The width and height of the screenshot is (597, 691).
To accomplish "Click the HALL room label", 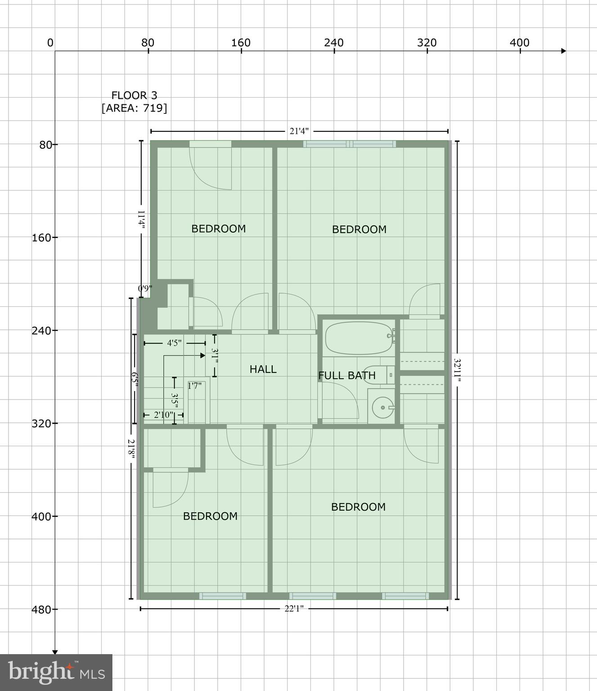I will [263, 369].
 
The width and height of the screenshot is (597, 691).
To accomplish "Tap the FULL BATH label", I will [346, 375].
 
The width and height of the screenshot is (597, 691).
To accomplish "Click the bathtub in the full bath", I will [359, 338].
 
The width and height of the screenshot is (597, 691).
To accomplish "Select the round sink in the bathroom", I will [382, 408].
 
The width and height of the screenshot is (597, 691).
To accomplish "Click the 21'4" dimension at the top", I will [299, 131].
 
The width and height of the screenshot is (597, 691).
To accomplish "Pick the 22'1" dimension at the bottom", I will [294, 609].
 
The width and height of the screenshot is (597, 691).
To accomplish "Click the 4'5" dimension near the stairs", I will [174, 343].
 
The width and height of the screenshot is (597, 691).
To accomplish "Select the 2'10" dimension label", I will [162, 415].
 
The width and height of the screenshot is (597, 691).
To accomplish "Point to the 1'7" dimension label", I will [195, 386].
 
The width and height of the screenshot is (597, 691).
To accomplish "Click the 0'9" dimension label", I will [145, 288].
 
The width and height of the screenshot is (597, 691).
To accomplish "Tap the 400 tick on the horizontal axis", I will [520, 43].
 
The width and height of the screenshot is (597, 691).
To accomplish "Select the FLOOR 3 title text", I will [134, 95].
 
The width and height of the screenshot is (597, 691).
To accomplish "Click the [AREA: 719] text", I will [134, 108].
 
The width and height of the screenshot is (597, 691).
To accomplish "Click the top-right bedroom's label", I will [359, 229].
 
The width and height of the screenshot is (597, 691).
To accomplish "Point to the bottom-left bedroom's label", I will [210, 516].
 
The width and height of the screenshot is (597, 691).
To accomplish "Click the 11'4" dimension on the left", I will [141, 220].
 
